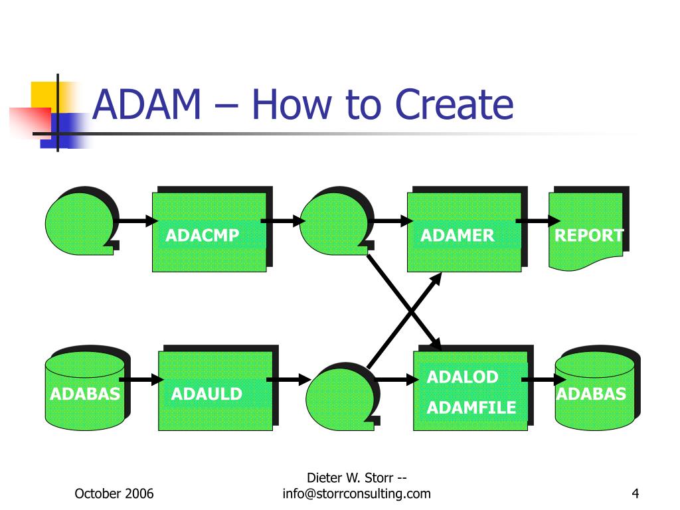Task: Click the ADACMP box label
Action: click(x=202, y=235)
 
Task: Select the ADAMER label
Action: click(x=457, y=235)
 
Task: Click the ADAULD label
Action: click(x=207, y=394)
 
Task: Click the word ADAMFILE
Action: click(x=471, y=408)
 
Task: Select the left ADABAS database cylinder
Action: click(x=85, y=392)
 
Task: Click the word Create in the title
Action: click(x=454, y=105)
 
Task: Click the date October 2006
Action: click(x=114, y=493)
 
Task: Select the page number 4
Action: click(x=636, y=493)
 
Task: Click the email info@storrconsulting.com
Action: click(x=357, y=493)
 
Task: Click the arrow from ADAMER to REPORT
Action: click(x=537, y=220)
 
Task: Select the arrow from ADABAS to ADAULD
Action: click(x=141, y=380)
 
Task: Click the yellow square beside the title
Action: click(x=42, y=93)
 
